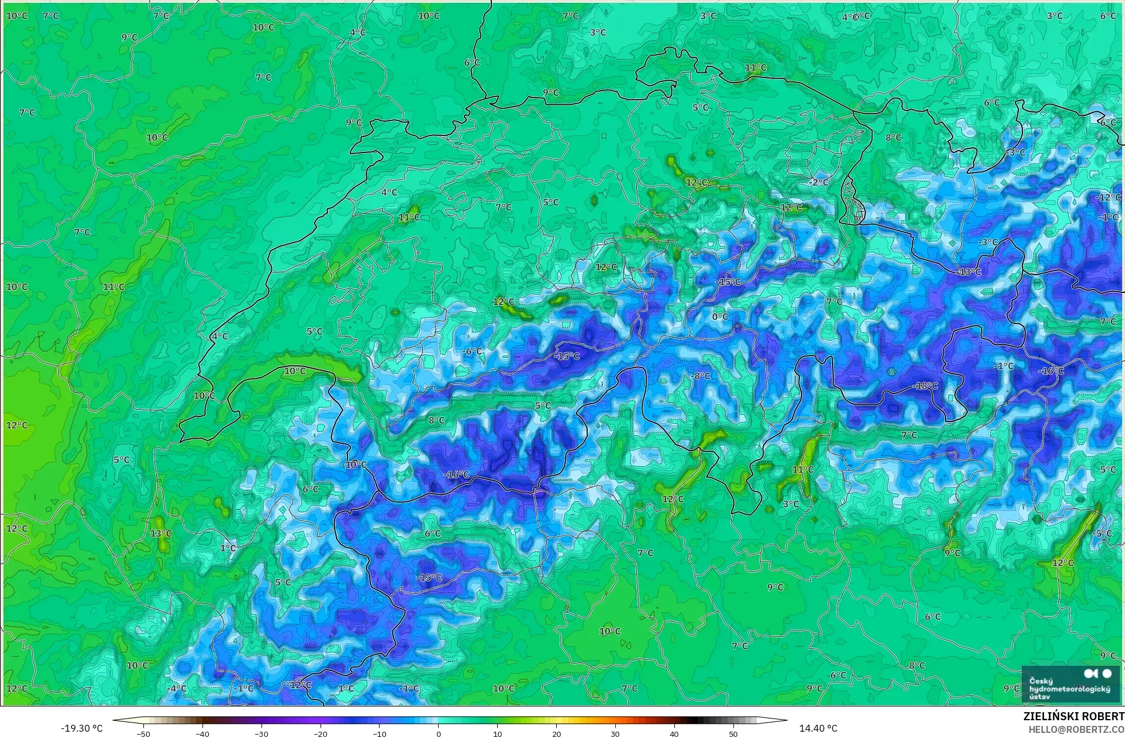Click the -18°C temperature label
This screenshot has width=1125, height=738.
coord(924,386)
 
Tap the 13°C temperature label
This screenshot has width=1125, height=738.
coord(161,534)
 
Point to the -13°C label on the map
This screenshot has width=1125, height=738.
coord(969,272)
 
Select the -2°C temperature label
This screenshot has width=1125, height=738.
coord(819,182)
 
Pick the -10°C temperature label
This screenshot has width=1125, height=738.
coord(354,464)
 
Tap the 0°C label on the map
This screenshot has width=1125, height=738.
coord(720,317)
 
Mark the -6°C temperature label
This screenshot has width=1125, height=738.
coord(473,351)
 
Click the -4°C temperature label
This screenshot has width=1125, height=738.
coord(177,688)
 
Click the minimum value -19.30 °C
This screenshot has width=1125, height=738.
coord(82,728)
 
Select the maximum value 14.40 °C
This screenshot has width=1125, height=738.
coord(818,728)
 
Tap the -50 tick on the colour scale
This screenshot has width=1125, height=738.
coord(143,733)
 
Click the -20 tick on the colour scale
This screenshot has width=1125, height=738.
coord(321,733)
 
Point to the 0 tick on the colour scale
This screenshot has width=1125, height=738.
coord(439,733)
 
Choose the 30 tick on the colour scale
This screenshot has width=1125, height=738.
coord(615,733)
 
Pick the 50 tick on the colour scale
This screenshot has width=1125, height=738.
coord(733,733)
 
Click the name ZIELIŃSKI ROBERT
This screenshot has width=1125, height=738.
coord(1073,716)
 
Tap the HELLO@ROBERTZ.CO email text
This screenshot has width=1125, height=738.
coord(1076,729)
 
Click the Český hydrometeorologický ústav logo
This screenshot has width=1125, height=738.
coord(1070,684)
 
